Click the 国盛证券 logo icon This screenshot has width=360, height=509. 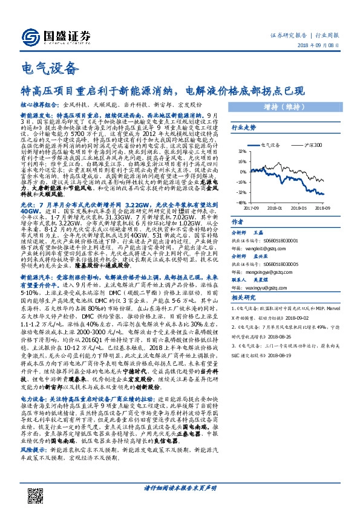tap(30, 35)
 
